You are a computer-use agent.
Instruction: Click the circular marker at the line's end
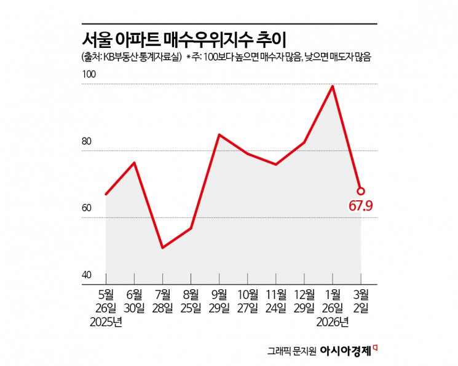tap(361, 191)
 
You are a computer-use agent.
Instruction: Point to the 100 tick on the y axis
tap(89, 74)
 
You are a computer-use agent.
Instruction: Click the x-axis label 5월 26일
tap(106, 300)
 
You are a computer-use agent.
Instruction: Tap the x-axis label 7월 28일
tap(163, 300)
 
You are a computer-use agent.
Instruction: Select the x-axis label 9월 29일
tap(219, 300)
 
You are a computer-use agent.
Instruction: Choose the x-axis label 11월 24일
tap(276, 300)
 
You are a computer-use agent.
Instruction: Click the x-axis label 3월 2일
tap(361, 300)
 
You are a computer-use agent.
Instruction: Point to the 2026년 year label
tap(333, 321)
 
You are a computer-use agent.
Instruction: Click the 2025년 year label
tap(106, 321)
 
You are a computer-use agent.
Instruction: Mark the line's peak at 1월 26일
tap(333, 87)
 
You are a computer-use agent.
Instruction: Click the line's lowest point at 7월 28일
tap(162, 247)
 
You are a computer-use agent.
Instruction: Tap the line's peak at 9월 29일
tap(219, 134)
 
